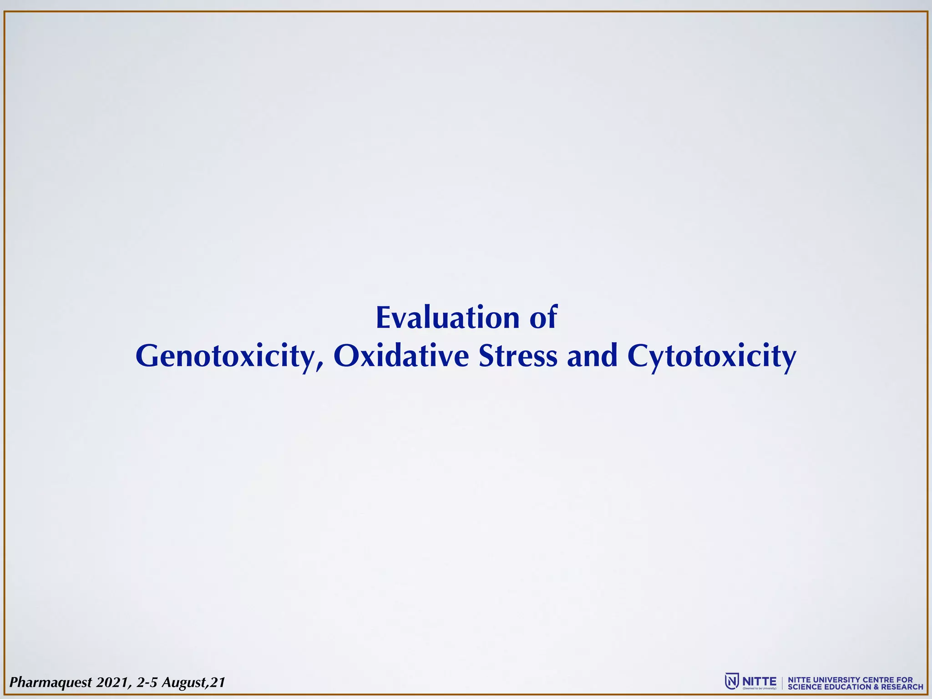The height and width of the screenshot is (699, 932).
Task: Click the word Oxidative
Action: point(401,356)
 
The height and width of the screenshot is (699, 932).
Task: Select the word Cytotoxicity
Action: point(712,357)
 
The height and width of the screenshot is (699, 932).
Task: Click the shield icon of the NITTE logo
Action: point(731,681)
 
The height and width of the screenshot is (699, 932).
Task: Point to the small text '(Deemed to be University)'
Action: point(759,689)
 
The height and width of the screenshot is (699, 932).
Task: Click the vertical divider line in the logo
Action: point(782,683)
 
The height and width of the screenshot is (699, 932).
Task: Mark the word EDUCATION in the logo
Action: point(849,687)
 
